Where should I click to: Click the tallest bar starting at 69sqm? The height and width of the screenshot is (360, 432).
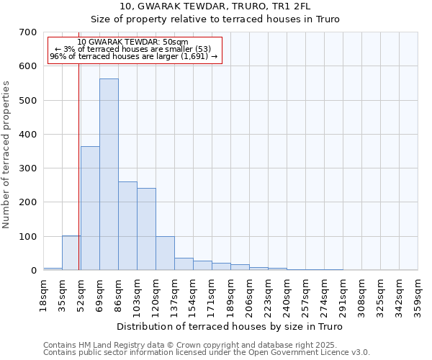pyautogui.click(x=109, y=174)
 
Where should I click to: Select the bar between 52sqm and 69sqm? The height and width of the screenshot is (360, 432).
pyautogui.click(x=90, y=208)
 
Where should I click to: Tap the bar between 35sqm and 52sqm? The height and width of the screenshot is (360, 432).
pyautogui.click(x=71, y=253)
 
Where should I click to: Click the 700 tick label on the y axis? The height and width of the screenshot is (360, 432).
pyautogui.click(x=28, y=32)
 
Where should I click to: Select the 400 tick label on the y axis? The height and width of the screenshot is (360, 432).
pyautogui.click(x=28, y=135)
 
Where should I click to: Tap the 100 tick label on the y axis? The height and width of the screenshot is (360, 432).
pyautogui.click(x=28, y=237)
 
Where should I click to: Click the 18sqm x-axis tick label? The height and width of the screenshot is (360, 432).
pyautogui.click(x=43, y=292)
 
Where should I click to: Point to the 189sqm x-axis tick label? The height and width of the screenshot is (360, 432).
pyautogui.click(x=230, y=292)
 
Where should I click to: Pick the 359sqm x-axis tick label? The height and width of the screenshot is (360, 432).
pyautogui.click(x=418, y=292)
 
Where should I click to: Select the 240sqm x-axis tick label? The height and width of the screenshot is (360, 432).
pyautogui.click(x=287, y=292)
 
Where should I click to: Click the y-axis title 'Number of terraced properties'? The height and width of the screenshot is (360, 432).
pyautogui.click(x=7, y=154)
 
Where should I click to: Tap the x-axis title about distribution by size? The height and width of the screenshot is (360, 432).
pyautogui.click(x=230, y=327)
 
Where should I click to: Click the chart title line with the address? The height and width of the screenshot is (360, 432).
pyautogui.click(x=229, y=6)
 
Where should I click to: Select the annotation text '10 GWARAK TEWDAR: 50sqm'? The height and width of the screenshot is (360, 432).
pyautogui.click(x=133, y=42)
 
